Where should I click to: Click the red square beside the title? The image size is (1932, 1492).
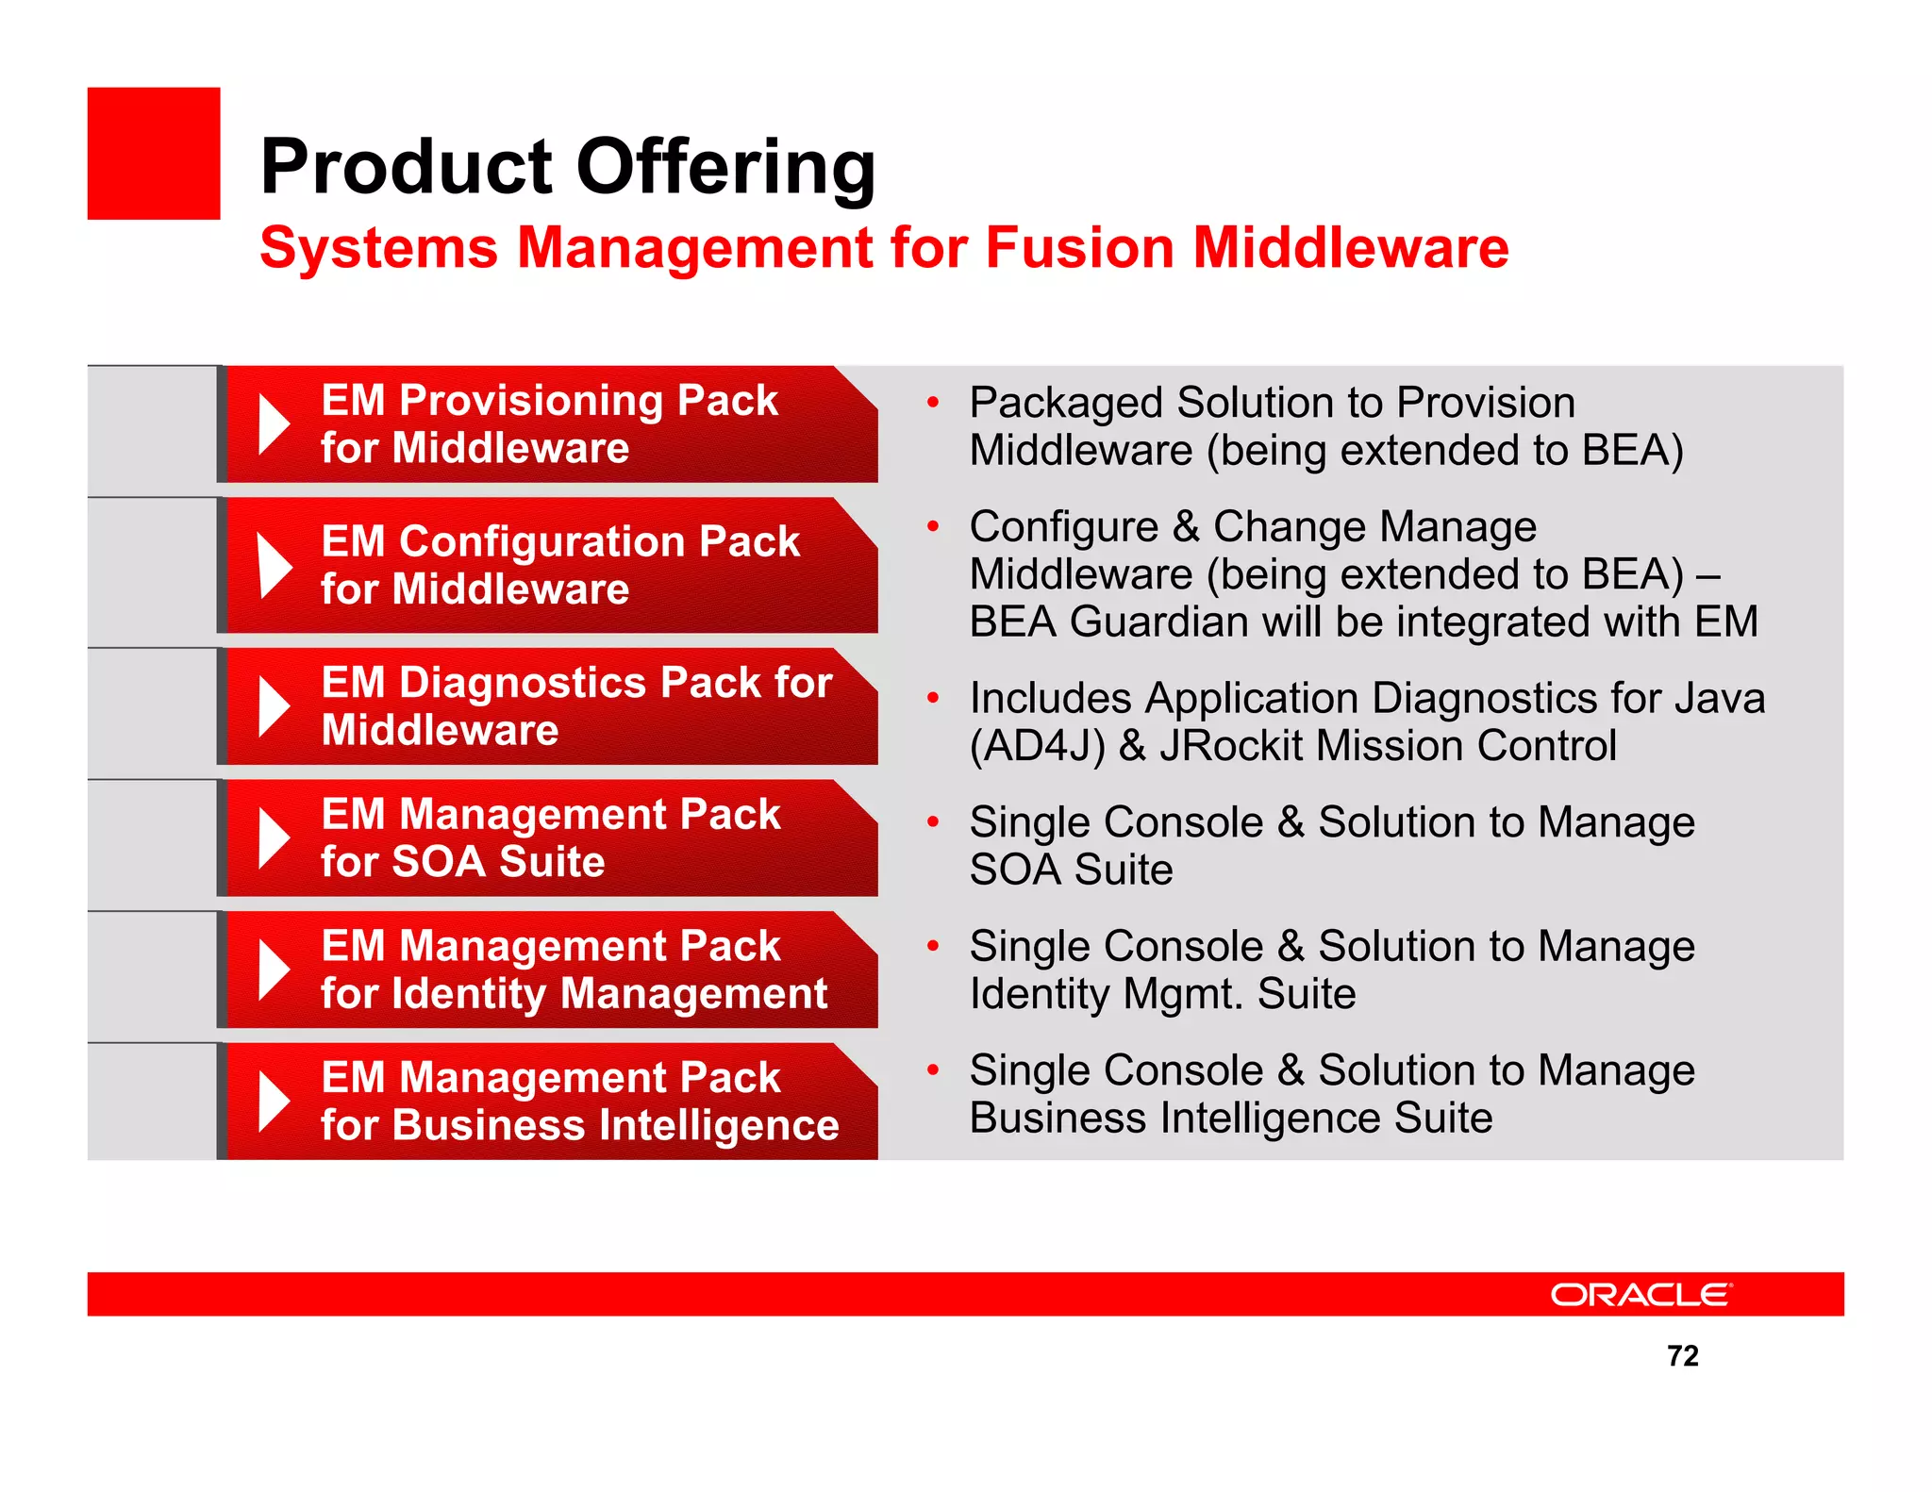click(154, 154)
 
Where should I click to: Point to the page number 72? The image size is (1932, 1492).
click(1682, 1355)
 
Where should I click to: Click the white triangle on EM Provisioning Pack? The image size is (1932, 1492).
click(273, 424)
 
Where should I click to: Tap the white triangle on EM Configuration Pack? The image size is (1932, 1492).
click(273, 566)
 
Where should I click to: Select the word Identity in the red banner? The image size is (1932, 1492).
click(469, 994)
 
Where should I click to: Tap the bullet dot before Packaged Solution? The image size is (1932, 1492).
click(932, 404)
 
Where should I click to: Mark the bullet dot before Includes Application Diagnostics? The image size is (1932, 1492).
click(932, 699)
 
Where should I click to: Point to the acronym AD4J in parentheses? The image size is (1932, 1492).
click(1037, 747)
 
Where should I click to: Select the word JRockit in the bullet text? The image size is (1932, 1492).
click(1231, 746)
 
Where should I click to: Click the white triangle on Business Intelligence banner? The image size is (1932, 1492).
click(273, 1102)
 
